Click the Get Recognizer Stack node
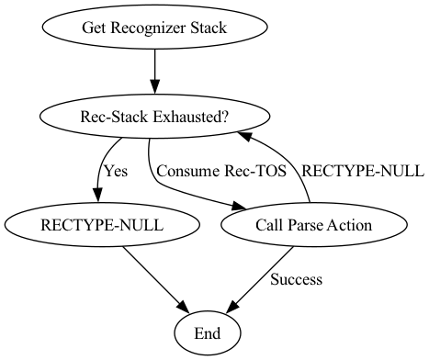coord(154,28)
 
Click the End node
coord(207,332)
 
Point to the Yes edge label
coord(116,171)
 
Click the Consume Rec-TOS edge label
coord(221,171)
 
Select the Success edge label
coord(296,278)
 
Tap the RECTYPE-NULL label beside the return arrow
coord(363,171)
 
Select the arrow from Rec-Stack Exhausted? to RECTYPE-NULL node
coord(99,170)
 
